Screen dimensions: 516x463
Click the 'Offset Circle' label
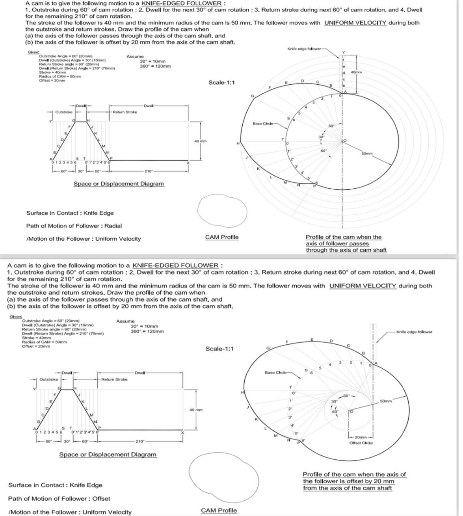click(x=361, y=443)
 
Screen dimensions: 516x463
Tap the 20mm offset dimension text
click(x=361, y=437)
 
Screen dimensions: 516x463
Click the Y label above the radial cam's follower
click(x=343, y=52)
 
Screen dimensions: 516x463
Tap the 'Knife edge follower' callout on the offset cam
click(x=414, y=332)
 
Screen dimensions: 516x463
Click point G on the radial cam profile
click(x=252, y=96)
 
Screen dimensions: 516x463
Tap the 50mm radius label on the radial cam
click(x=367, y=153)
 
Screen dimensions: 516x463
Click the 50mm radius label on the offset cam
click(x=386, y=401)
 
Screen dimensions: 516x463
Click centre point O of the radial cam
click(x=344, y=140)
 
